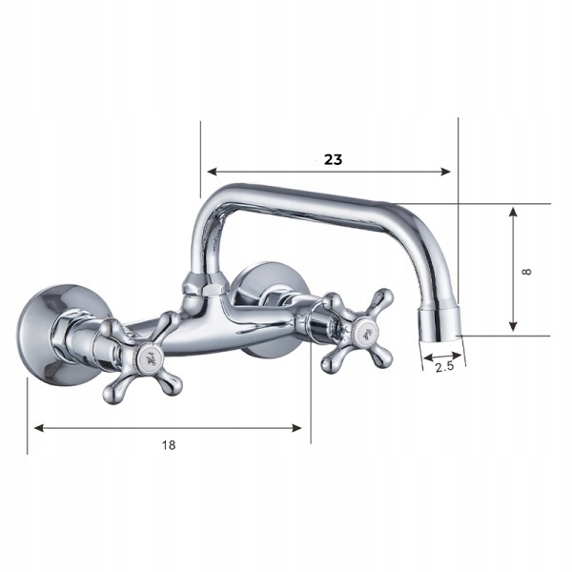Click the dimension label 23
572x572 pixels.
coord(333,160)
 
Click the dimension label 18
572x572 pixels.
coord(168,444)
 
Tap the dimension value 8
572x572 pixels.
coord(526,271)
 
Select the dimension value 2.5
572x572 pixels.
coord(443,366)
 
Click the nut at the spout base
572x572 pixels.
coord(202,283)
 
